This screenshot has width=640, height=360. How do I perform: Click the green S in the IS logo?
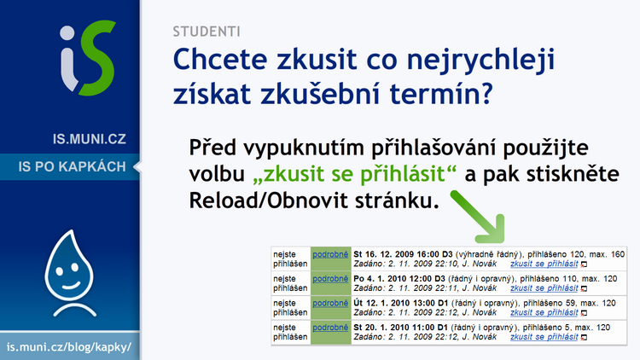(x=97, y=57)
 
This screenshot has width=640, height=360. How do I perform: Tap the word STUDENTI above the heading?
(x=207, y=32)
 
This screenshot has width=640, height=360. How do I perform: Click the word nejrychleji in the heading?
(x=480, y=60)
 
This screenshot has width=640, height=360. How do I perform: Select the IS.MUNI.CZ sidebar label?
(x=90, y=139)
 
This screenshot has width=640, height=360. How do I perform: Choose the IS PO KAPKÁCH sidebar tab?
(x=73, y=166)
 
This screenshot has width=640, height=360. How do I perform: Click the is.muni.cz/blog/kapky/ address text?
(x=69, y=347)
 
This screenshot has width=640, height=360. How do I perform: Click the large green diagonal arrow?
(x=478, y=217)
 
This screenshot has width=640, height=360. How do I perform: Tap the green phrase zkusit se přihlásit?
(x=354, y=175)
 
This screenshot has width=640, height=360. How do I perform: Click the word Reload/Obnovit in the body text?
(x=269, y=200)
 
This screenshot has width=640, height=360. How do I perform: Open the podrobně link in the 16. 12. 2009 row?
(x=330, y=254)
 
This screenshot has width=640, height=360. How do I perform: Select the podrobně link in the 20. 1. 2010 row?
(x=330, y=328)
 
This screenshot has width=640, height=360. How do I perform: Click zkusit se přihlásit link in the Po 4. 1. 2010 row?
(x=544, y=288)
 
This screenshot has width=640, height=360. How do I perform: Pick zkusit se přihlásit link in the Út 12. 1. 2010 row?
(x=544, y=312)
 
